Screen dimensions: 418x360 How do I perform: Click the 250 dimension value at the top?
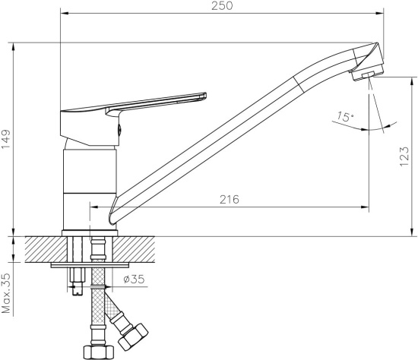point(222,5)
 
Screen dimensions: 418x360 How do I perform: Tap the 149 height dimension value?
point(6,139)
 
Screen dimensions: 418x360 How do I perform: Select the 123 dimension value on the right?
point(404,156)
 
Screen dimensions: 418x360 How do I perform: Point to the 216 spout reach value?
point(230,199)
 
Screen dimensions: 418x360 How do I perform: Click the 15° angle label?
point(346,116)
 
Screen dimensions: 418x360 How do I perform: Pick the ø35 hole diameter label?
point(134,279)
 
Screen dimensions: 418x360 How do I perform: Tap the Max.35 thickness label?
point(6,293)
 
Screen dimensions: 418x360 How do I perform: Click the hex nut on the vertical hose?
point(99,352)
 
